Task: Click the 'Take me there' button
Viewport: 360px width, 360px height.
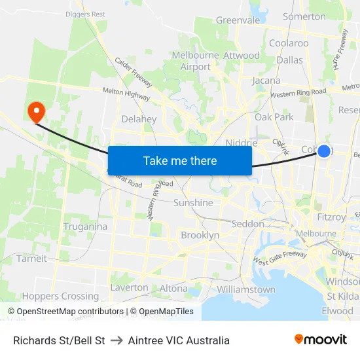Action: pyautogui.click(x=180, y=160)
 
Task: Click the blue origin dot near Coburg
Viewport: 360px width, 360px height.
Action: pyautogui.click(x=323, y=151)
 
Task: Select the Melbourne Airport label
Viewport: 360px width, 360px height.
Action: pyautogui.click(x=196, y=61)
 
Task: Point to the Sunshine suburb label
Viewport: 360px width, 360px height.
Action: pyautogui.click(x=193, y=203)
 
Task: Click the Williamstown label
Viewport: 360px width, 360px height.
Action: pyautogui.click(x=246, y=289)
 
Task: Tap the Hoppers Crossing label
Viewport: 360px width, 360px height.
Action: pyautogui.click(x=60, y=296)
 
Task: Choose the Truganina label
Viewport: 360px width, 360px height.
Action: pyautogui.click(x=85, y=226)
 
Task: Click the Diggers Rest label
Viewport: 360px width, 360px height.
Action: pyautogui.click(x=85, y=14)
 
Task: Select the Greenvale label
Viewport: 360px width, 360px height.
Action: pyautogui.click(x=238, y=20)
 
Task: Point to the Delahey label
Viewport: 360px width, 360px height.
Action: pyautogui.click(x=139, y=119)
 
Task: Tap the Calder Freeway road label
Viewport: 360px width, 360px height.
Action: pyautogui.click(x=134, y=72)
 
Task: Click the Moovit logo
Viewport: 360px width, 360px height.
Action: pyautogui.click(x=321, y=340)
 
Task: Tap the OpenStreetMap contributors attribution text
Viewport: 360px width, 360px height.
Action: pyautogui.click(x=66, y=312)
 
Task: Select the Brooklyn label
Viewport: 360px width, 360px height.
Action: pyautogui.click(x=200, y=235)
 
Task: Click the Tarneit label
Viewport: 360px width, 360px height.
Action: pyautogui.click(x=32, y=259)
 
